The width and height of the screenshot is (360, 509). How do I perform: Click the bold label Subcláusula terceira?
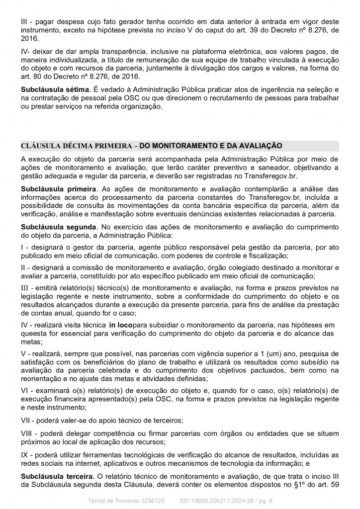click(x=53, y=477)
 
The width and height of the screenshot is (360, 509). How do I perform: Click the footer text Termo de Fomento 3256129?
click(x=125, y=499)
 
